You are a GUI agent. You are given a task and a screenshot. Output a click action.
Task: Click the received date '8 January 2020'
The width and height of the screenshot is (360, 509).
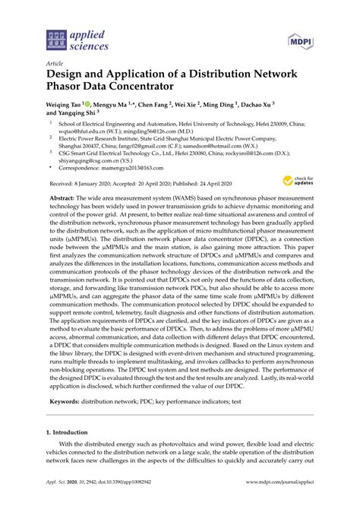97,183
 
